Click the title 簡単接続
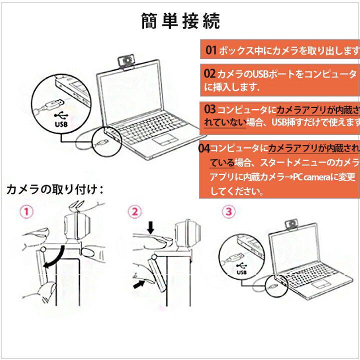(x=180, y=21)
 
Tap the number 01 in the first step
(x=212, y=50)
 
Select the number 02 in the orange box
(x=209, y=74)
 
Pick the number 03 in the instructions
(x=209, y=109)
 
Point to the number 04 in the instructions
(x=203, y=148)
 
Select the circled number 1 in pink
(x=27, y=211)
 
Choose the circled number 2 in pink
(x=134, y=211)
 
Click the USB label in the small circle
(x=242, y=273)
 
